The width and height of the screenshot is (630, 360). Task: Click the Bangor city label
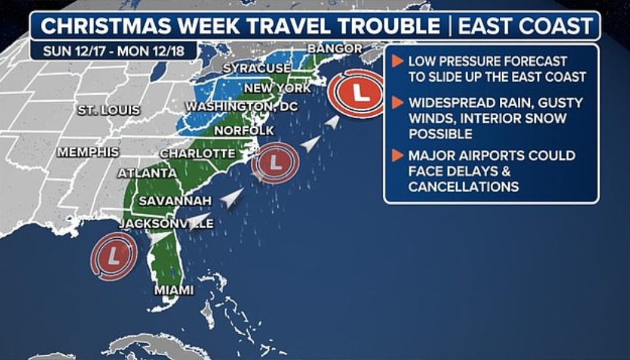click(334, 49)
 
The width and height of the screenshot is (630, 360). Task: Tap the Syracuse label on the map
click(257, 68)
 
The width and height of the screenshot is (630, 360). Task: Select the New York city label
click(277, 89)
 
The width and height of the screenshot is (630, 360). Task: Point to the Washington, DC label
click(242, 107)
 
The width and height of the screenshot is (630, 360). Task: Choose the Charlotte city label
click(197, 154)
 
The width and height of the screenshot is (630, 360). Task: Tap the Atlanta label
click(147, 173)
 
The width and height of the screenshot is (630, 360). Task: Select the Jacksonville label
click(166, 224)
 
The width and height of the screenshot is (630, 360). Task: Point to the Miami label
click(174, 290)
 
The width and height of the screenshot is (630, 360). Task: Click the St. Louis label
click(109, 110)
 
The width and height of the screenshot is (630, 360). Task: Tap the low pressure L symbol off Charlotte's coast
click(274, 162)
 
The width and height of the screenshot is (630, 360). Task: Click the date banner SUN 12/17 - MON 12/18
click(113, 50)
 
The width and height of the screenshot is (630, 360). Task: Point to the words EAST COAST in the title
click(525, 27)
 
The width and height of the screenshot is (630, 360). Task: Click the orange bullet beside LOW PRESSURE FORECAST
click(397, 61)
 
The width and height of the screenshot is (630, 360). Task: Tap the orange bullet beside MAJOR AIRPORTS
click(397, 156)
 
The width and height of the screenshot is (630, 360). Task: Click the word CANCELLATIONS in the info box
click(463, 187)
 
